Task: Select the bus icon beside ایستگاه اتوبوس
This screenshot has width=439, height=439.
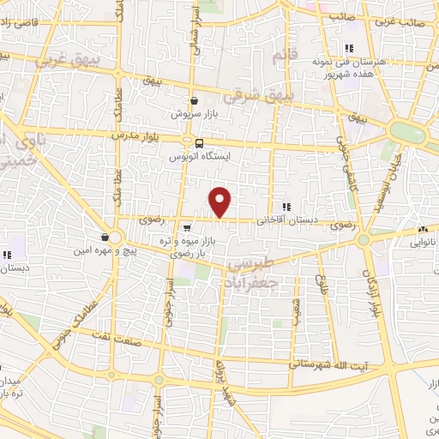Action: [x=200, y=143]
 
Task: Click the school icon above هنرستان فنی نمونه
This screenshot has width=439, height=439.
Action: [x=347, y=49]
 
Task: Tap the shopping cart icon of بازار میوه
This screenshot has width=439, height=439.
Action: [x=187, y=227]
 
